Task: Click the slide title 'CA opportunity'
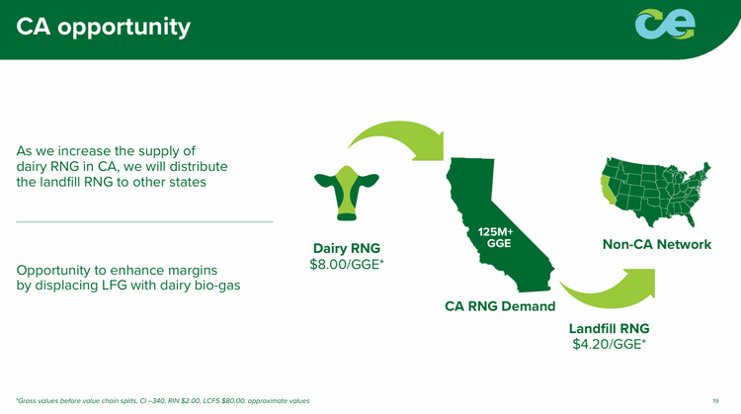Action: pos(104,28)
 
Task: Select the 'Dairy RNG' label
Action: pos(347,247)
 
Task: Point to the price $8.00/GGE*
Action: pos(347,265)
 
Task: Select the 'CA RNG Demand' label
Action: pos(500,305)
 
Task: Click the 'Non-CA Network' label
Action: pos(656,244)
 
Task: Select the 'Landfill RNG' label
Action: pos(608,327)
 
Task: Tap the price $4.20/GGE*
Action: pos(609,345)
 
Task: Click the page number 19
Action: pos(714,400)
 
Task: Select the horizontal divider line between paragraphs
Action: pos(145,221)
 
